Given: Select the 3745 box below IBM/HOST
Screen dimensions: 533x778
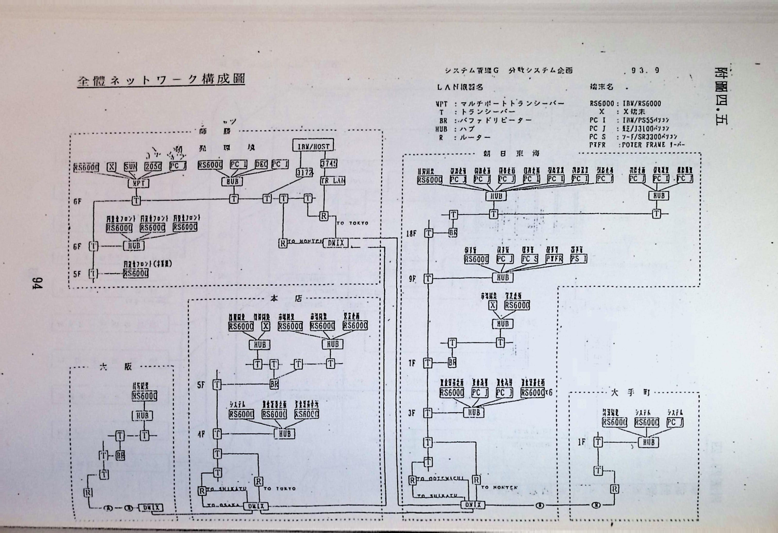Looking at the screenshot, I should click(328, 164).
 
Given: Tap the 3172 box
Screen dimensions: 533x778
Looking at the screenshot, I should click(304, 172).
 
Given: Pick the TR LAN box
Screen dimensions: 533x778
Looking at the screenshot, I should click(332, 181).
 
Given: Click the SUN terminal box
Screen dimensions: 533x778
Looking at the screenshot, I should click(130, 166).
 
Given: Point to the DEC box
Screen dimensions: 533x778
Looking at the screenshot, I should click(261, 164).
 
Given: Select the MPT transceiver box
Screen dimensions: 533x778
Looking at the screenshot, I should click(138, 183).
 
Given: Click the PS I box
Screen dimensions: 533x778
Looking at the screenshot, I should click(578, 259).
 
